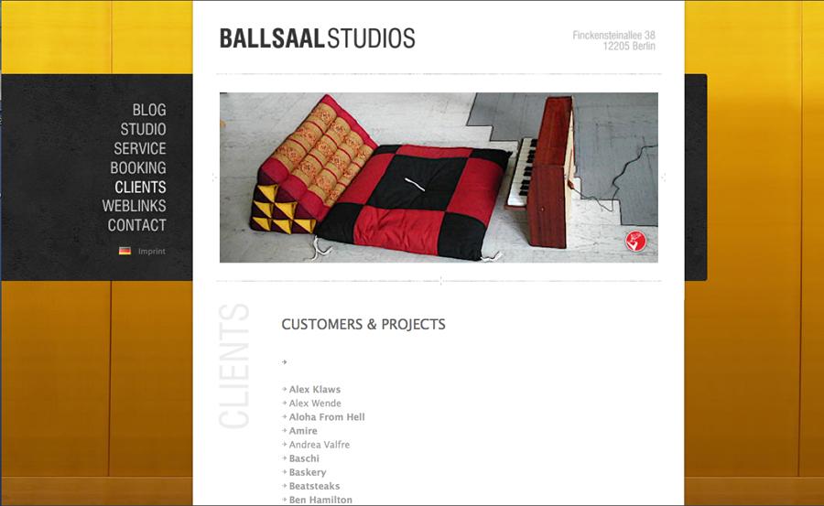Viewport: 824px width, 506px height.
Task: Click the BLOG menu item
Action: coord(149,110)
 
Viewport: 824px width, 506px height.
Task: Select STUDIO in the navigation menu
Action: coord(143,129)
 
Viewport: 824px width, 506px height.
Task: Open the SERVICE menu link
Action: coord(140,149)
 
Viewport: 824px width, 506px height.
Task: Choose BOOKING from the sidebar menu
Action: coord(138,167)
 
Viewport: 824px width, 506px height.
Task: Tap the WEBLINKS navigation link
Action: coord(134,206)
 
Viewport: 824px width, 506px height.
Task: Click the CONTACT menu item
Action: coord(137,225)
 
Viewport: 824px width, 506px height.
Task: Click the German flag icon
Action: coord(125,251)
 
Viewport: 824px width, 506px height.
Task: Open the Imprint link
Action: coord(152,251)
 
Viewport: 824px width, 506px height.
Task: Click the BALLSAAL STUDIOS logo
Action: coord(318,38)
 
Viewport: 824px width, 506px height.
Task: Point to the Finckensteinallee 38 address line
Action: coord(613,35)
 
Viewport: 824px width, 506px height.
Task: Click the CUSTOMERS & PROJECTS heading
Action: coord(363,324)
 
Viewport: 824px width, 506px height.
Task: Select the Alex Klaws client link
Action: coord(315,390)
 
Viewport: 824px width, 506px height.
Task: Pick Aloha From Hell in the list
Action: coord(327,416)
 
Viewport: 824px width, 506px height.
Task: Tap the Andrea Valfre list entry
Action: coord(320,445)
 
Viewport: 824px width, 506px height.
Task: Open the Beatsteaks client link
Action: coord(314,486)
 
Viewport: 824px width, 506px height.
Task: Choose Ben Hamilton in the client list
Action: coord(320,500)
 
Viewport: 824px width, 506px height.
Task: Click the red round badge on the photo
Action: coord(636,242)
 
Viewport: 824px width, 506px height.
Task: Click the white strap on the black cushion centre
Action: coord(415,185)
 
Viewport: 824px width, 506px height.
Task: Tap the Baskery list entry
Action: coord(308,472)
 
